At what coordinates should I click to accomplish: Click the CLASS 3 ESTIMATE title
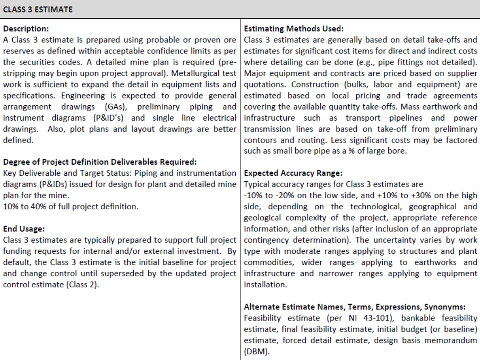tap(38, 9)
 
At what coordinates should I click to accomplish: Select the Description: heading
tap(26, 29)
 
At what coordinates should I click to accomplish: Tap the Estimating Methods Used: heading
tap(294, 29)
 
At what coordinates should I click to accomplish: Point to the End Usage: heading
tap(23, 229)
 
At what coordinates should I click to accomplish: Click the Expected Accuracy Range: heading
tap(293, 173)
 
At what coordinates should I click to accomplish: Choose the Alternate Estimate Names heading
tap(355, 307)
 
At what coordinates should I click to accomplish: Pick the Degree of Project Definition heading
tap(99, 162)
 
